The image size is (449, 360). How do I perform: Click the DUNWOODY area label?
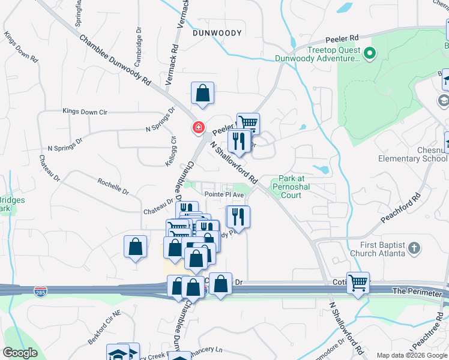click(x=217, y=34)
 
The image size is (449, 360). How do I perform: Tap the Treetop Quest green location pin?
click(x=370, y=55)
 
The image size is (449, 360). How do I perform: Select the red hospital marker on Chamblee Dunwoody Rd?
click(x=197, y=127)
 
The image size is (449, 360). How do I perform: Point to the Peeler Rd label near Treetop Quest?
click(x=343, y=37)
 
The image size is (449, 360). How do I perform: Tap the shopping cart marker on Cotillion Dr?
click(x=358, y=282)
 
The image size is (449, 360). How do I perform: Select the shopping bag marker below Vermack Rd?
click(x=203, y=94)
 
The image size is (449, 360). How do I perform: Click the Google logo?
click(x=20, y=353)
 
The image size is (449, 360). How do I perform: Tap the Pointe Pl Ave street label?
click(x=224, y=195)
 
